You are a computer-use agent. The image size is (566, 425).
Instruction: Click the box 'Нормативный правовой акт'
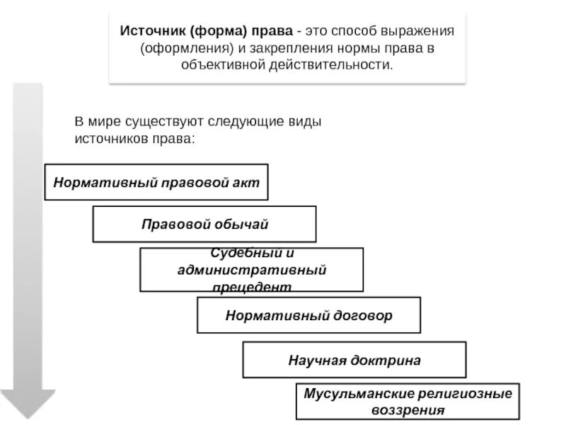pyautogui.click(x=157, y=183)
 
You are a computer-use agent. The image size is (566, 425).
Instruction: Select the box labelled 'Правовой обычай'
pyautogui.click(x=204, y=225)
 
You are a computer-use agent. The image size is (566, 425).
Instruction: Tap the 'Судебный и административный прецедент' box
pyautogui.click(x=251, y=269)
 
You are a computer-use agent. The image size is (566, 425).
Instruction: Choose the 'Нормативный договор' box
pyautogui.click(x=308, y=315)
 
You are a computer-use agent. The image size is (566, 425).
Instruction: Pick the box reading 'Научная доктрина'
pyautogui.click(x=354, y=360)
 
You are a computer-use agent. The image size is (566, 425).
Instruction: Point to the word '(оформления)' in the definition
pyautogui.click(x=179, y=50)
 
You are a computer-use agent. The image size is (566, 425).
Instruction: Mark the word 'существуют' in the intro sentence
pyautogui.click(x=180, y=121)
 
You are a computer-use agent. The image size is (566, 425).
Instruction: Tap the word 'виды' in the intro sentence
pyautogui.click(x=306, y=121)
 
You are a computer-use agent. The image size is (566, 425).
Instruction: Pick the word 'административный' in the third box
pyautogui.click(x=251, y=270)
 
